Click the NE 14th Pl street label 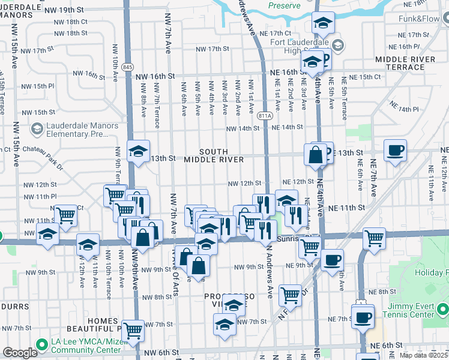pos(403,109)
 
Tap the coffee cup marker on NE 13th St pos(395,150)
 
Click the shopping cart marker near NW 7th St pos(133,329)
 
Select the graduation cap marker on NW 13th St pos(139,151)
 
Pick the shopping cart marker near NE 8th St pos(290,294)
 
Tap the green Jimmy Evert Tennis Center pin pos(442,310)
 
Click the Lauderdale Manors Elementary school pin pos(37,128)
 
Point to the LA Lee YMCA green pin pos(41,344)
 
